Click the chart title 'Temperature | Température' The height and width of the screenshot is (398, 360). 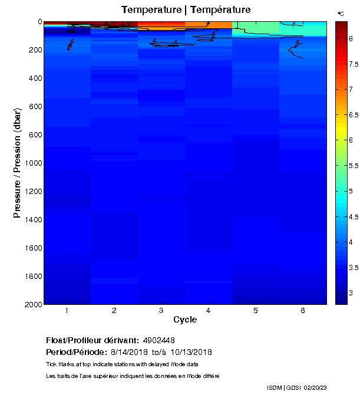pos(186,9)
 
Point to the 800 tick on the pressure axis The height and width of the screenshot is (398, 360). pos(35,135)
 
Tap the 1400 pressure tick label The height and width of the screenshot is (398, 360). pos(33,219)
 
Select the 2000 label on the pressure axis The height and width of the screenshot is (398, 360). pos(33,304)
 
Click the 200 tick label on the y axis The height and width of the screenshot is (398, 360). pos(35,50)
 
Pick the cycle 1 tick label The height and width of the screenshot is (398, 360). pos(67,311)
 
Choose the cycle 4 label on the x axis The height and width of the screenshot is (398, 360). pos(209,311)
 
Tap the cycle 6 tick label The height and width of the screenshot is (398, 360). pos(303,311)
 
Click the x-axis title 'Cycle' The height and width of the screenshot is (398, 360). pos(185,320)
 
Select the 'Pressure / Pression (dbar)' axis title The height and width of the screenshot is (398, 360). pos(18,163)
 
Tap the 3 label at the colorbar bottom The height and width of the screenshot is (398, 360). pos(351,293)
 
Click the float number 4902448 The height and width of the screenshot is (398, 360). pos(159,340)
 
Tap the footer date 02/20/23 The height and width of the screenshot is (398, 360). pos(317,387)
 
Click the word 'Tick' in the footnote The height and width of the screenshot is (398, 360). pos(51,364)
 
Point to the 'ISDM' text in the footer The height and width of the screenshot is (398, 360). pos(275,387)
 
